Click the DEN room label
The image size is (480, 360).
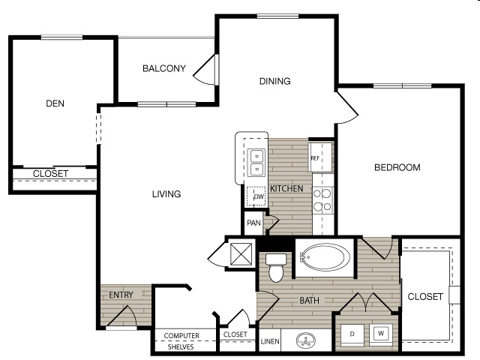(55, 103)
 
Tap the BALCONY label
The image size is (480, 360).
(164, 68)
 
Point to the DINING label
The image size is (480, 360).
(275, 81)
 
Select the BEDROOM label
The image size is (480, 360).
(397, 167)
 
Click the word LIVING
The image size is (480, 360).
(166, 193)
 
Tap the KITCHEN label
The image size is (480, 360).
(286, 188)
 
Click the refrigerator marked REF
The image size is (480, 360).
(320, 157)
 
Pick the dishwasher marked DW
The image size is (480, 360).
(256, 196)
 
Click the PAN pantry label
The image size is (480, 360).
(253, 223)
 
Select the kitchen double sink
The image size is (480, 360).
(256, 163)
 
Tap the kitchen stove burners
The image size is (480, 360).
(322, 200)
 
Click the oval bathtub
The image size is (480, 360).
(325, 257)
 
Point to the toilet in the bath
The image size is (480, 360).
(276, 267)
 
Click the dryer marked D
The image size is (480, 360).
(352, 335)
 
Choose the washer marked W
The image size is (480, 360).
(381, 334)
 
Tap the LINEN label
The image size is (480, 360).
(270, 341)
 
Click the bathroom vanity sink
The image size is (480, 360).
(306, 340)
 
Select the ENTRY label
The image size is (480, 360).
(121, 295)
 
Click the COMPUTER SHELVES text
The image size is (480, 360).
(181, 341)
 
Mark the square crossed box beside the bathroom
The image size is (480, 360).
(241, 253)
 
